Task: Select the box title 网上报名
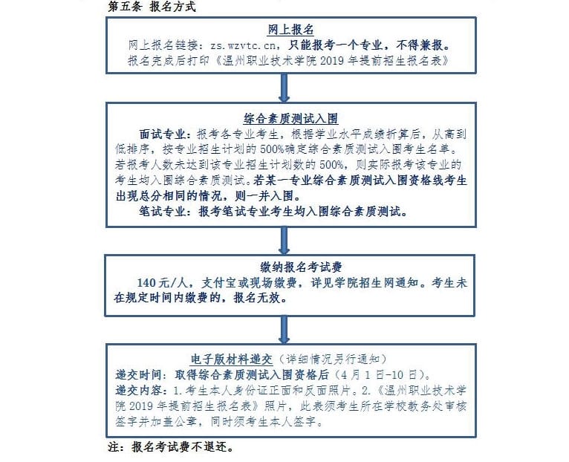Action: pos(284,30)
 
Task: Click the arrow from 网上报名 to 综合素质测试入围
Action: pos(284,88)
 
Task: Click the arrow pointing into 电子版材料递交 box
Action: pos(284,328)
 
